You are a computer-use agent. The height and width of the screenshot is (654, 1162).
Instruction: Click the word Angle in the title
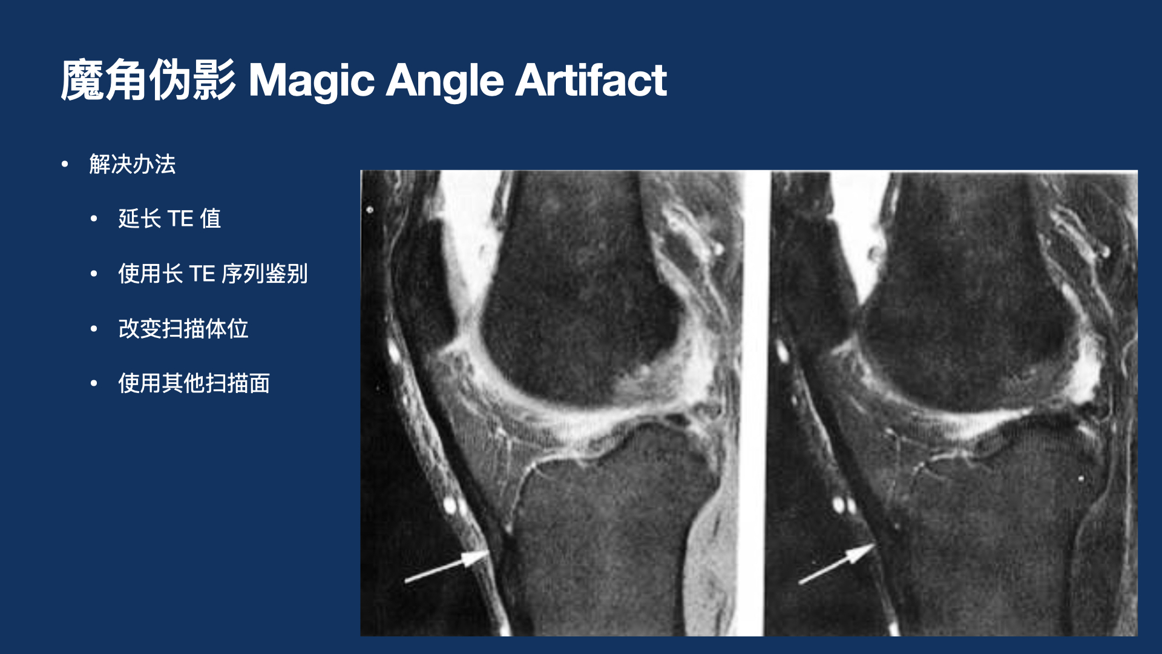pos(445,81)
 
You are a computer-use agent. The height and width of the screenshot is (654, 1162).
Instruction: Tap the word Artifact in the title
pos(591,81)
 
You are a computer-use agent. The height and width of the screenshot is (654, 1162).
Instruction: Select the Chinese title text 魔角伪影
pos(148,81)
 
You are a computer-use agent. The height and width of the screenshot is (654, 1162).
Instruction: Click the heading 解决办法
pos(133,164)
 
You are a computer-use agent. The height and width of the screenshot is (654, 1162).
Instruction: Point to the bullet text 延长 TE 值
pos(169,219)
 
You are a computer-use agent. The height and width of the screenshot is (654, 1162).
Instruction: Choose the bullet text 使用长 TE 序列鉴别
pos(213,274)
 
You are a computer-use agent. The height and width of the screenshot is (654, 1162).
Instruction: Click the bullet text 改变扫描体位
pos(183,329)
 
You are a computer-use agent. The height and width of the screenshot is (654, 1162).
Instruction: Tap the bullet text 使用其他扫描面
pos(194,383)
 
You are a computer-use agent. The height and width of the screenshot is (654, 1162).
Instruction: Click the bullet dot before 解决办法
pos(65,164)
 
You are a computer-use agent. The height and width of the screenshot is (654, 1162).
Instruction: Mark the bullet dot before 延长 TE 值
pos(94,219)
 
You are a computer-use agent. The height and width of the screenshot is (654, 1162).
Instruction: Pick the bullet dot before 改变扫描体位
pos(94,329)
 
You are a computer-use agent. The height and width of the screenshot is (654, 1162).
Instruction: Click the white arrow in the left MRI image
pos(448,566)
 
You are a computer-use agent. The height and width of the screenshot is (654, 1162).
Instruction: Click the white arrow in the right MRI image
pos(838,563)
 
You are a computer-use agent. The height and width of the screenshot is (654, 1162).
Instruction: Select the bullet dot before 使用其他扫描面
pos(94,383)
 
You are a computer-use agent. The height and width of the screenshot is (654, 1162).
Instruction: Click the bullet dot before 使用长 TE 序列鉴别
pos(94,274)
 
